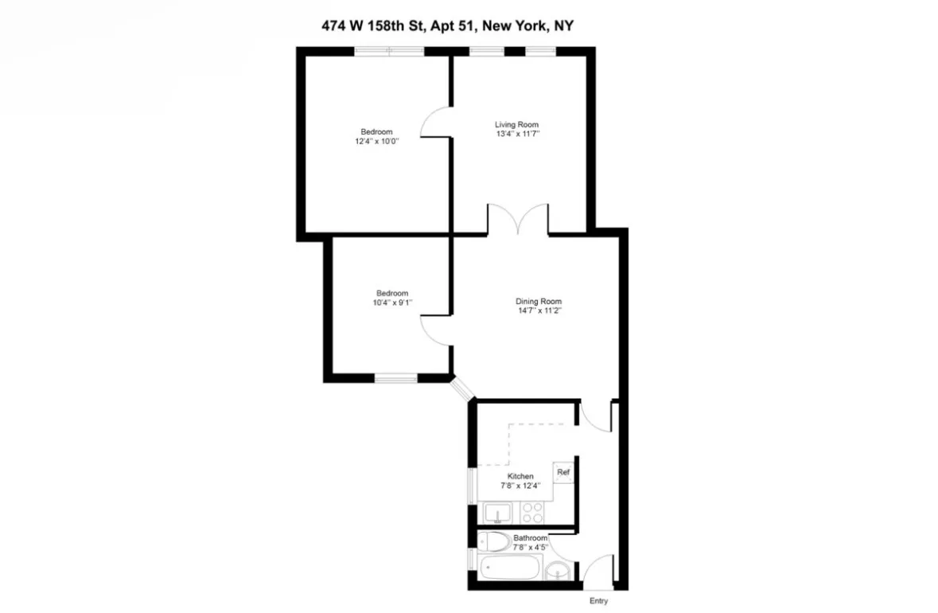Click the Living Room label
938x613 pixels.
pos(516,124)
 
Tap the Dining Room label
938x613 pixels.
pos(539,301)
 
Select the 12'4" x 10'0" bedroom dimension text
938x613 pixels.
pos(376,141)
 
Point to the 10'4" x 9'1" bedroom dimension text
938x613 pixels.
pos(391,302)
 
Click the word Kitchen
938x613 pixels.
pos(520,476)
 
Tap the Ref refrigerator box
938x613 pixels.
pos(563,472)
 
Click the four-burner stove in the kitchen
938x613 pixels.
pos(531,513)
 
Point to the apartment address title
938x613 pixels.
pos(443,26)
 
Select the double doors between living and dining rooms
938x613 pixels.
pos(517,220)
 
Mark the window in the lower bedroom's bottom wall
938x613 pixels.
pos(396,378)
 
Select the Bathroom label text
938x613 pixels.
pos(530,538)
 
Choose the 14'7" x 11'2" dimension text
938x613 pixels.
pos(539,310)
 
